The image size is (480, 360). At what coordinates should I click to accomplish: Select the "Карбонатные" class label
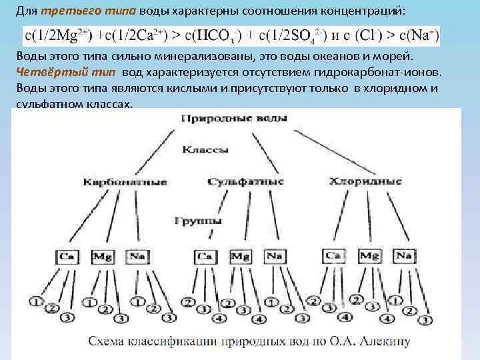coord(125,181)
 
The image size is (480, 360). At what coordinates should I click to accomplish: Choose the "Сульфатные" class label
coord(245,181)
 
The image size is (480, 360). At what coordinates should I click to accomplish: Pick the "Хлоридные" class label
coord(366,181)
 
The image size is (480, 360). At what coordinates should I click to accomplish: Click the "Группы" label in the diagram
coord(199,220)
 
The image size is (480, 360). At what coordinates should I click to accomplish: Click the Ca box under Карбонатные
coord(67,255)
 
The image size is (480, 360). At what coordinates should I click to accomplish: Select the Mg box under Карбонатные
coord(101,255)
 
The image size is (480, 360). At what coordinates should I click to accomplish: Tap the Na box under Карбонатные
coord(136,255)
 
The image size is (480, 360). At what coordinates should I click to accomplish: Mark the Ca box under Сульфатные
coord(205,255)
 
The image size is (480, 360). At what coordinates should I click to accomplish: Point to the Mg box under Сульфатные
coord(239,255)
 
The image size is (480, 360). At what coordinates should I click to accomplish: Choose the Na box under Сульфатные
coord(274,255)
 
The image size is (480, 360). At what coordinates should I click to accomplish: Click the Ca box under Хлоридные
coord(333,255)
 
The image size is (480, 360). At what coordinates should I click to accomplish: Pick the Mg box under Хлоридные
coord(369,255)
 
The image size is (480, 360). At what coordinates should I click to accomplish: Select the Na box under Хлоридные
coord(403,255)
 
